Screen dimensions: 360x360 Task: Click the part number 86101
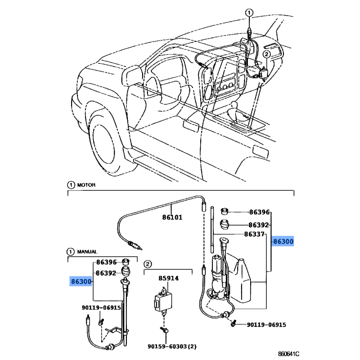(x=172, y=217)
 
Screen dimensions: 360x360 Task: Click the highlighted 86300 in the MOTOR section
(x=283, y=242)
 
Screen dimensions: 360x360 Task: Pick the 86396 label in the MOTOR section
(x=259, y=211)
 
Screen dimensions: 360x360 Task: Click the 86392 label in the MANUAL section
(x=106, y=273)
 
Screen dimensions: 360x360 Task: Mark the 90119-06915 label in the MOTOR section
(x=266, y=324)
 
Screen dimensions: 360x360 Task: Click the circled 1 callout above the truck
(x=250, y=13)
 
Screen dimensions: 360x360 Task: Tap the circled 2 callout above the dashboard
(x=266, y=54)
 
